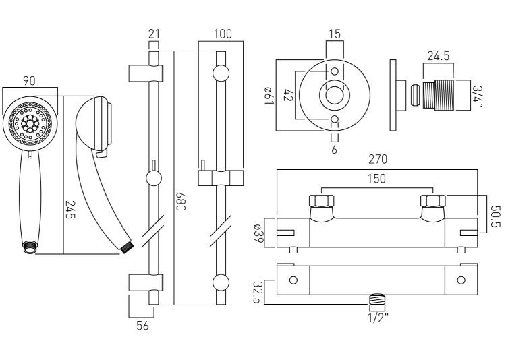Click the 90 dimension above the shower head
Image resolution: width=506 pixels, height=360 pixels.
click(x=30, y=81)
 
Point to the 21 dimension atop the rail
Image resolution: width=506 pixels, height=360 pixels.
click(x=153, y=34)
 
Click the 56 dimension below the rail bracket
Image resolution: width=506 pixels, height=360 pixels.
click(x=142, y=325)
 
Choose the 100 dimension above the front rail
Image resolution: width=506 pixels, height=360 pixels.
click(x=222, y=34)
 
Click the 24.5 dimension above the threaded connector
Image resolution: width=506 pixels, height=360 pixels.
click(x=438, y=57)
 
